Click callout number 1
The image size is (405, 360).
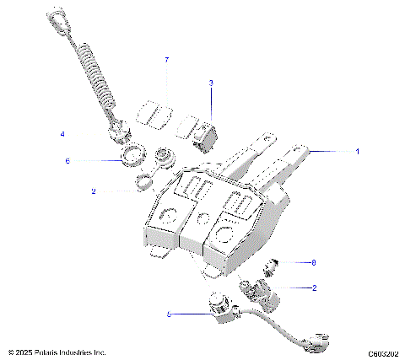tap(357, 152)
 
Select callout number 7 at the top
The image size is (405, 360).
tap(166, 60)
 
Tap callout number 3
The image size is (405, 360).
tap(211, 83)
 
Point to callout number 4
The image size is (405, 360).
tap(62, 134)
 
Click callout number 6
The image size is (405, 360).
tap(67, 160)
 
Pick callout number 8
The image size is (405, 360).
tap(313, 262)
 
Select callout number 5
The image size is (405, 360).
tap(170, 314)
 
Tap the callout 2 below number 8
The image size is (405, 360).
tap(315, 287)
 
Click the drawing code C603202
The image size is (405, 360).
tap(382, 353)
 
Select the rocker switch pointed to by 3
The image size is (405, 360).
tap(205, 132)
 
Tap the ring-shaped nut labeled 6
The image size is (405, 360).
tap(129, 157)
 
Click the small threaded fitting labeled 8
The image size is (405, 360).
tap(272, 269)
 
